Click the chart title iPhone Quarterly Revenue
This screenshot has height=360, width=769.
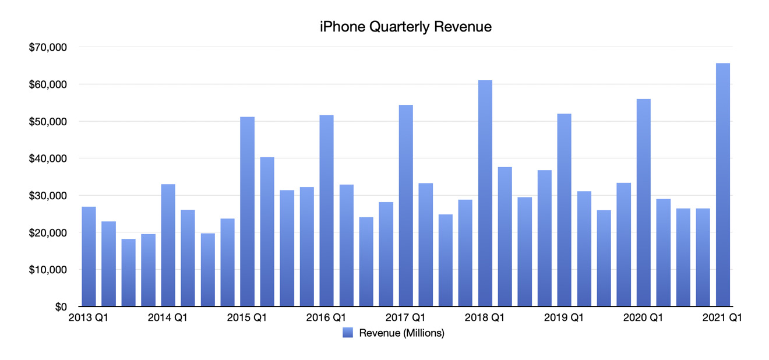click(x=405, y=27)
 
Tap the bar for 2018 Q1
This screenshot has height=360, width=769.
click(x=485, y=193)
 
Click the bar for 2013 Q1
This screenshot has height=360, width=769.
click(x=89, y=256)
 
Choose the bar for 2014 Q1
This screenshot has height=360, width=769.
click(x=168, y=245)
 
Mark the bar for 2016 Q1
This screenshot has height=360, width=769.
click(x=326, y=210)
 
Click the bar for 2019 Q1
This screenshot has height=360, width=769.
click(x=564, y=210)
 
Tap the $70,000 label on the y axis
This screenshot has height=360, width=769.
click(x=48, y=47)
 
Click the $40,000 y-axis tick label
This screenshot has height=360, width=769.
click(x=48, y=158)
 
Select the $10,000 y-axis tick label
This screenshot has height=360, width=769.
click(x=48, y=270)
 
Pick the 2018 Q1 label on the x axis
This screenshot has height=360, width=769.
click(x=485, y=318)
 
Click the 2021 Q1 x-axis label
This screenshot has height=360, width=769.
click(x=722, y=318)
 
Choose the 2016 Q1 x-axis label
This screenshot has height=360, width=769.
click(x=326, y=318)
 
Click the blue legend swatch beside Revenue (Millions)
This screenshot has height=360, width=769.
click(x=347, y=333)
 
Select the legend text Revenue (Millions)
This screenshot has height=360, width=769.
click(x=401, y=333)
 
